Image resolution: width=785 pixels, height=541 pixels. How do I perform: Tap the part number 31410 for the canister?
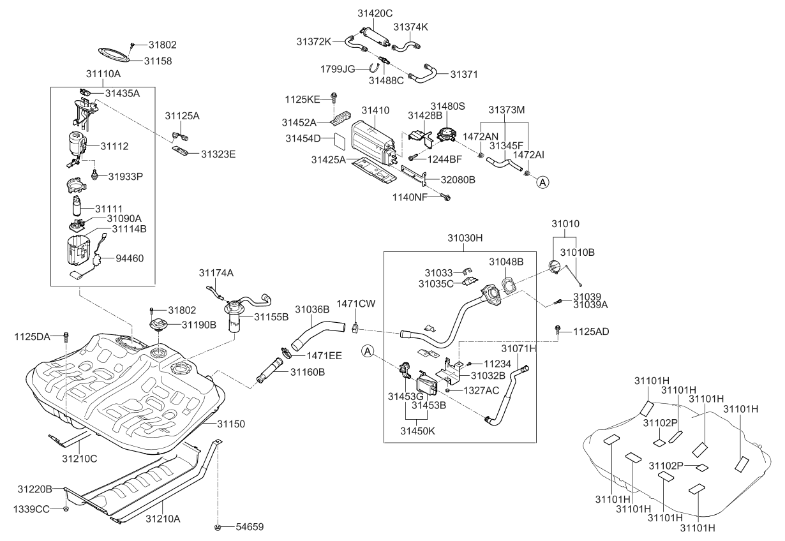(x=375, y=110)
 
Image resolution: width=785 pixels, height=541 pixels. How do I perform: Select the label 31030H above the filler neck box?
(x=465, y=238)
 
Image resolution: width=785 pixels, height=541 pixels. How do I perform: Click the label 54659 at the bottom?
(x=249, y=527)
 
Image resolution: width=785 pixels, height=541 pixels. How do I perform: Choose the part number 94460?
(x=131, y=259)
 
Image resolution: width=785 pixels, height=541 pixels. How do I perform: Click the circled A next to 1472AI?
(x=542, y=182)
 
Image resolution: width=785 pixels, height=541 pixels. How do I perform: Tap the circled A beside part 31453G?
(x=368, y=350)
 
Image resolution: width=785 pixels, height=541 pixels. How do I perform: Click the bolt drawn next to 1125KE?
(x=334, y=96)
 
